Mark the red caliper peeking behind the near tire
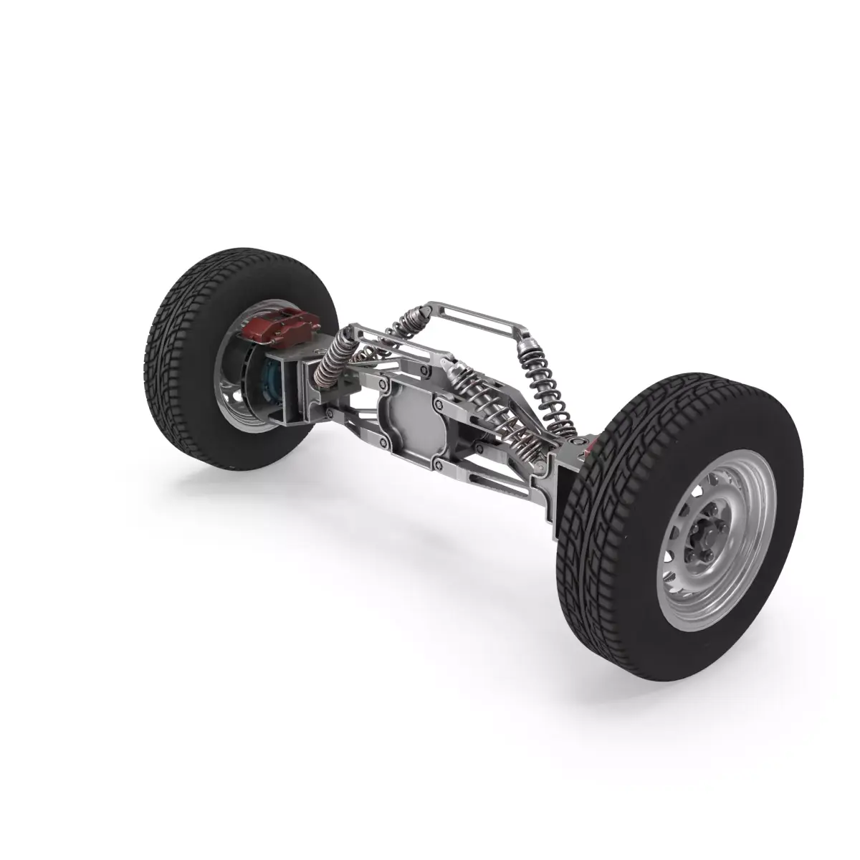click(591, 448)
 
